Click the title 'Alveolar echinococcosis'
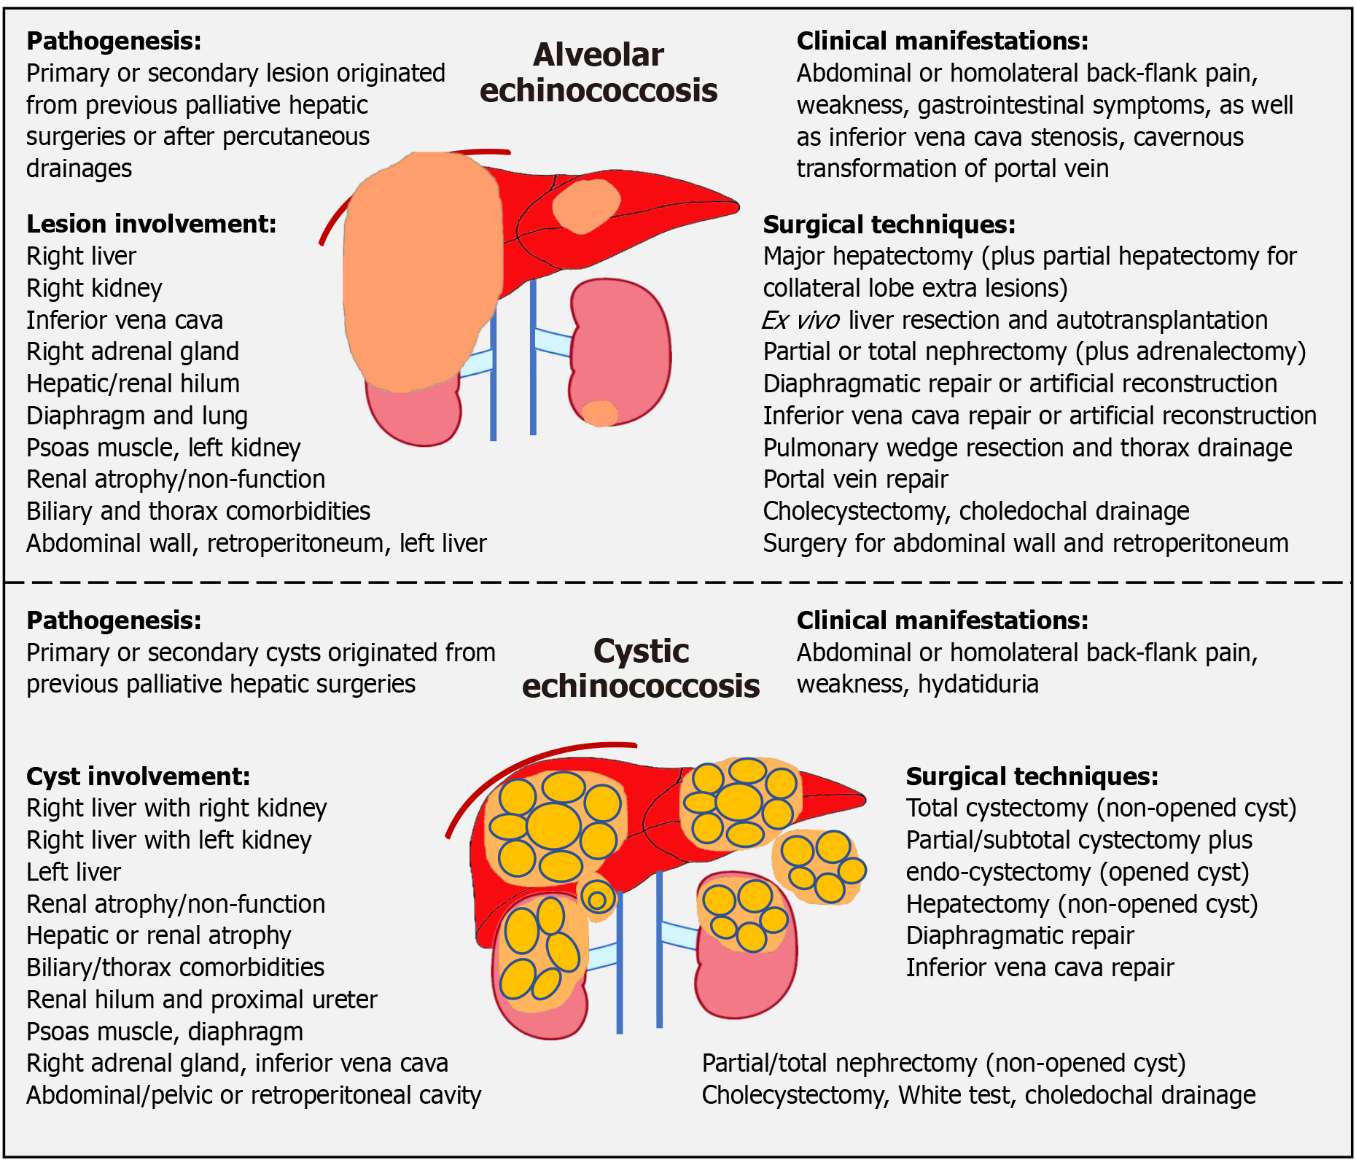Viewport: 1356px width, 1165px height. (x=599, y=73)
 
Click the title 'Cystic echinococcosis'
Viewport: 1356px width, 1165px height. (x=641, y=669)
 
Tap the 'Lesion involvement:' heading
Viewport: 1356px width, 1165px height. (x=152, y=224)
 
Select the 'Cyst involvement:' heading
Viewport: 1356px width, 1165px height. (x=139, y=776)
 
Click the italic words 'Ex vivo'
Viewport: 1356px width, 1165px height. (x=800, y=320)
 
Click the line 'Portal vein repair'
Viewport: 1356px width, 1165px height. (x=855, y=479)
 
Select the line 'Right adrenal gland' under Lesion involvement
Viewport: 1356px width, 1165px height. (x=133, y=351)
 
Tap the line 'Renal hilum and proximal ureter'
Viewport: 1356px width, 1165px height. (x=202, y=1000)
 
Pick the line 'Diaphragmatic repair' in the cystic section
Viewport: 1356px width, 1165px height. (x=1020, y=935)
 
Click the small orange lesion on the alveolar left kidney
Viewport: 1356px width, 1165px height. (x=600, y=413)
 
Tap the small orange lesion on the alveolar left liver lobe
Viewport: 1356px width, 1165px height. (x=585, y=206)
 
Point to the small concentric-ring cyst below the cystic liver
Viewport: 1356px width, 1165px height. (x=597, y=899)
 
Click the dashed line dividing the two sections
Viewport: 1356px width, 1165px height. (x=678, y=582)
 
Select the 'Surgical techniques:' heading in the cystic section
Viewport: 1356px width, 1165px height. (x=1032, y=776)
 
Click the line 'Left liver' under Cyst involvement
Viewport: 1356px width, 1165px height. (x=74, y=872)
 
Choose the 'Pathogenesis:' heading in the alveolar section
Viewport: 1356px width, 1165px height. (x=114, y=41)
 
